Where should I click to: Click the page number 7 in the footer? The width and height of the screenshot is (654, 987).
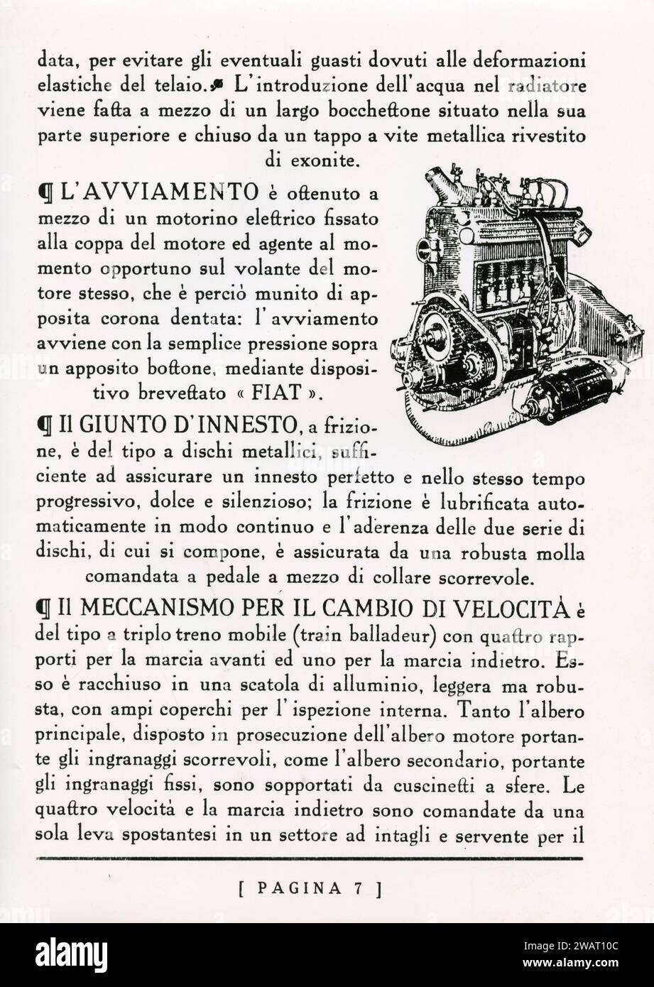click(x=360, y=888)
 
